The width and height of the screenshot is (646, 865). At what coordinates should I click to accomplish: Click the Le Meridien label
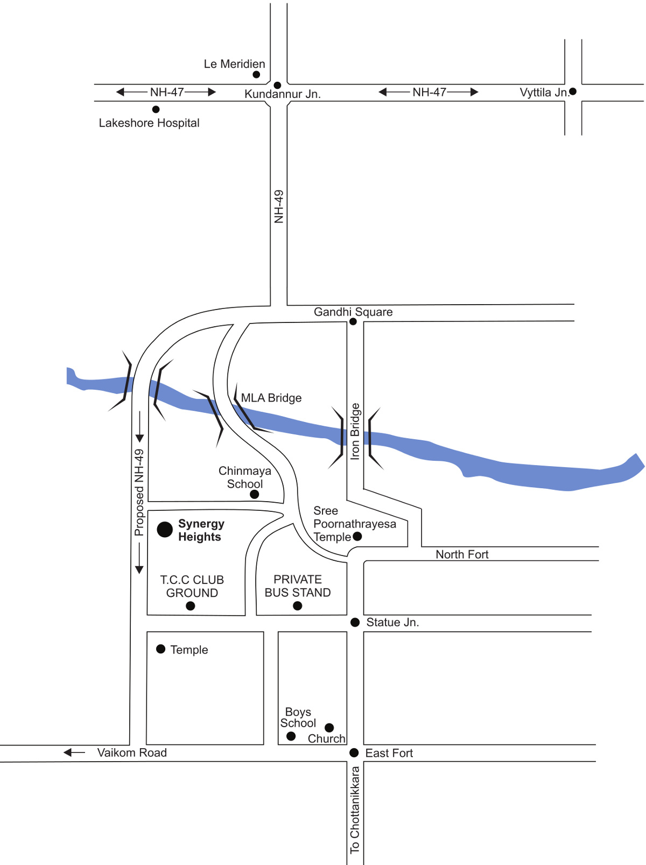click(x=234, y=64)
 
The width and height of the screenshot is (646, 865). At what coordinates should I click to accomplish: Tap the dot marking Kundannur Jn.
click(x=277, y=85)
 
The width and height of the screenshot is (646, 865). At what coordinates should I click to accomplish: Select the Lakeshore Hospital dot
click(x=156, y=109)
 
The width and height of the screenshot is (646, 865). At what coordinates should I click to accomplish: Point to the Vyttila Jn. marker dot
click(x=573, y=92)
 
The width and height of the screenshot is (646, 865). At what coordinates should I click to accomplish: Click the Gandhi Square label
click(x=353, y=312)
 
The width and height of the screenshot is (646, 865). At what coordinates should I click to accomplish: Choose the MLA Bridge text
click(x=271, y=398)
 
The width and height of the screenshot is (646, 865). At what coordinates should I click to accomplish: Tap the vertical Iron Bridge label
click(x=355, y=431)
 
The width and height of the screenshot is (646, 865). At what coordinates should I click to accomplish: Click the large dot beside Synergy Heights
click(x=165, y=529)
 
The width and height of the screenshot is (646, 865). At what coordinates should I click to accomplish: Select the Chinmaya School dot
click(x=255, y=494)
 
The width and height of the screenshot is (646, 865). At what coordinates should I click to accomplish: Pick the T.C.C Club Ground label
click(x=192, y=586)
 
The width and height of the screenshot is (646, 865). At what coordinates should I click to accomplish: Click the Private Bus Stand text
click(x=298, y=586)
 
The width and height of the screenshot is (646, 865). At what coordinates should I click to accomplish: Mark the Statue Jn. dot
click(x=355, y=622)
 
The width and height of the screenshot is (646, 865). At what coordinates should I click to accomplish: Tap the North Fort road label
click(x=462, y=554)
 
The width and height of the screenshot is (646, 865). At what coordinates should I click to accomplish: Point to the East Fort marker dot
click(x=354, y=753)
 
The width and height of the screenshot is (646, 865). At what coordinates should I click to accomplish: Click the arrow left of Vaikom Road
click(x=74, y=752)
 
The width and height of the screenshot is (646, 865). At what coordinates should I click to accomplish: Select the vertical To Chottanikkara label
click(x=355, y=810)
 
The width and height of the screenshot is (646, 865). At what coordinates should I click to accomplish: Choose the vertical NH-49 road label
click(x=279, y=206)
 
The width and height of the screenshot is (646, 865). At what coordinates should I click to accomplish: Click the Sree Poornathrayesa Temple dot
click(x=357, y=536)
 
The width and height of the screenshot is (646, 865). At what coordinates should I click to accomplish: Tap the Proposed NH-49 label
click(x=139, y=493)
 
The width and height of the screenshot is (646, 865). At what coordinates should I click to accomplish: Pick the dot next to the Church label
click(x=329, y=728)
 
